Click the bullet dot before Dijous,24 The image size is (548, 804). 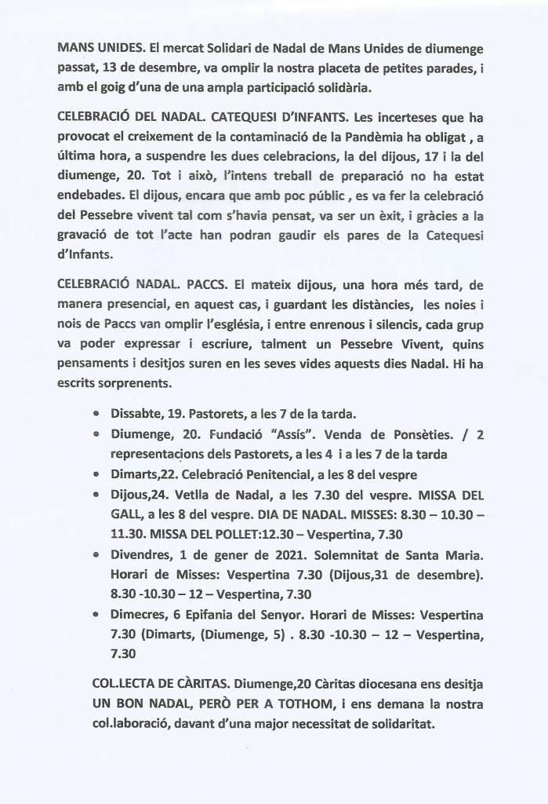point(96,495)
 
